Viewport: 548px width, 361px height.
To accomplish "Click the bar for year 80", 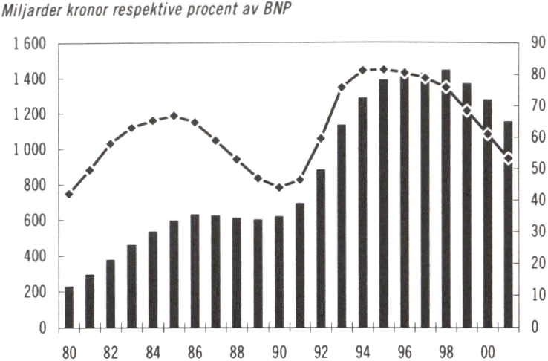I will pos(69,307).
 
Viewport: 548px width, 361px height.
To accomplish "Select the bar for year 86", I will pos(195,271).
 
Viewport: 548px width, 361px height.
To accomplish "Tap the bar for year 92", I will pos(320,248).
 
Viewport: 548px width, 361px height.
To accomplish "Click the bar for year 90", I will pos(278,272).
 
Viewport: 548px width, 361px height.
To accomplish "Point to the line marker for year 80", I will pos(69,195).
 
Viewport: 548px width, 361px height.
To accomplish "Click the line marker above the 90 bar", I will pos(278,187).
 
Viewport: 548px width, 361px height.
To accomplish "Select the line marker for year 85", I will pos(174,116).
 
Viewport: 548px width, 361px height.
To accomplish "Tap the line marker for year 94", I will pos(362,71).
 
